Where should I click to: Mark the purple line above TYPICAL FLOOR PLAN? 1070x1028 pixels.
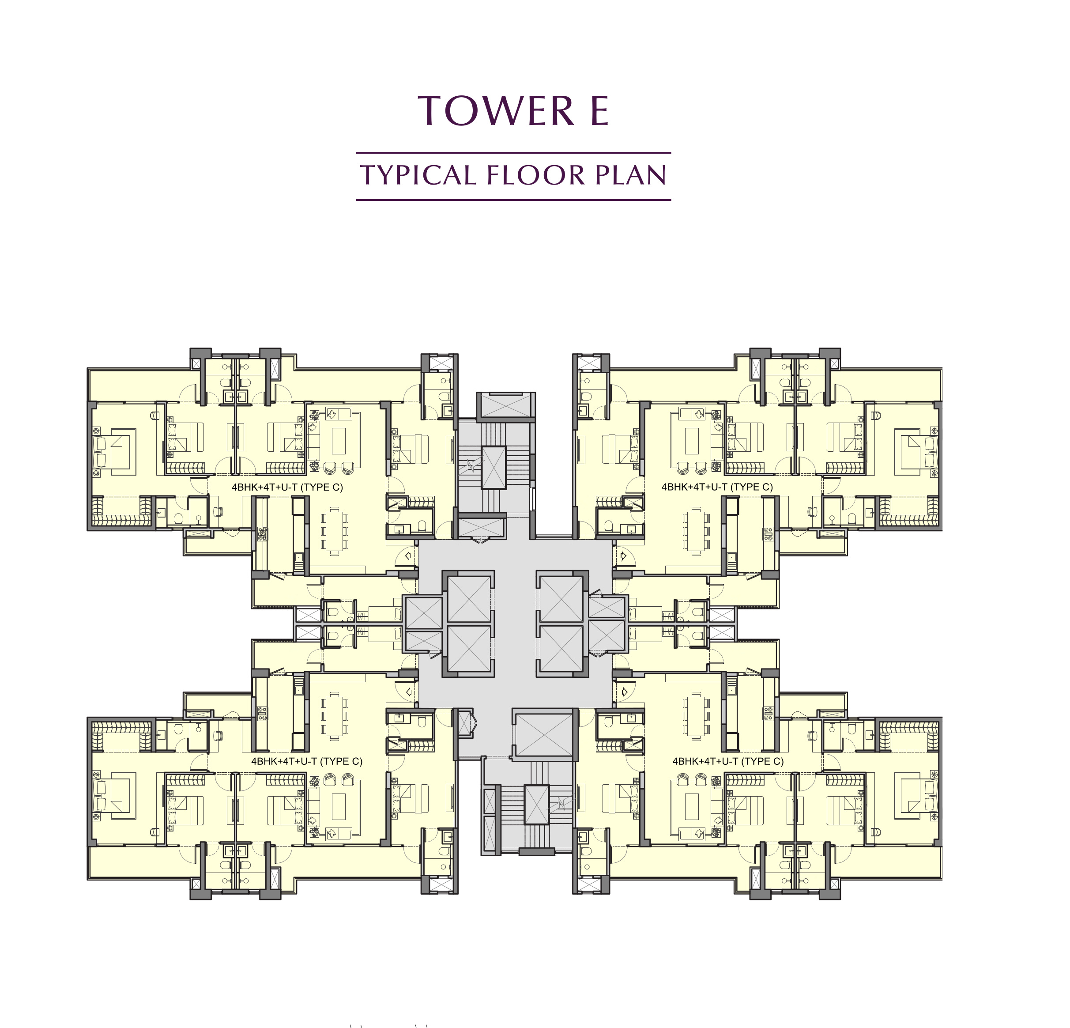[x=513, y=153]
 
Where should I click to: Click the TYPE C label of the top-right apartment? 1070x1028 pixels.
[x=717, y=487]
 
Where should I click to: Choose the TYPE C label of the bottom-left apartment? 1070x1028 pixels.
[x=307, y=761]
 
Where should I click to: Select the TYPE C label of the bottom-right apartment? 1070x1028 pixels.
[x=728, y=761]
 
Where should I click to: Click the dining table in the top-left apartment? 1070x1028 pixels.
[x=334, y=530]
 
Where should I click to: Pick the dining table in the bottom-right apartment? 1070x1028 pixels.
[x=696, y=717]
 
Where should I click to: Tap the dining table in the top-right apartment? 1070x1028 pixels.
[x=696, y=530]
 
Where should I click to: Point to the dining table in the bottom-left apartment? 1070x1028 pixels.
[x=334, y=717]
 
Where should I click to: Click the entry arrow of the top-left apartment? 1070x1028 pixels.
[x=407, y=556]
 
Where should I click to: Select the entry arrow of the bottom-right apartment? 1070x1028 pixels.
[x=623, y=692]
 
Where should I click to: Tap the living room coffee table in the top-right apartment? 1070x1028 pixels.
[x=692, y=440]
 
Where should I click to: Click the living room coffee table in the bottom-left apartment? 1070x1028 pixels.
[x=339, y=806]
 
